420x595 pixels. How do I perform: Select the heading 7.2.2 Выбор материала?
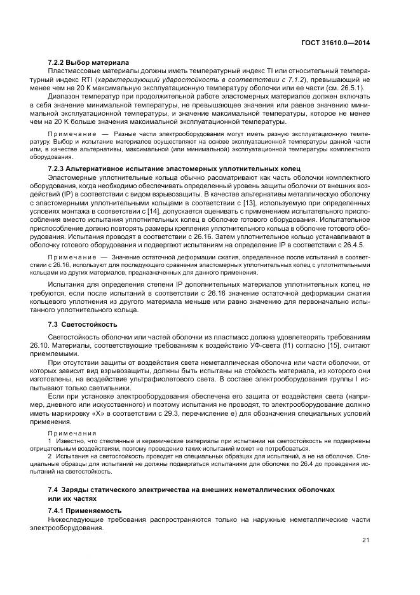pos(88,62)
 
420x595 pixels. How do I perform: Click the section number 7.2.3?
pos(58,167)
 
